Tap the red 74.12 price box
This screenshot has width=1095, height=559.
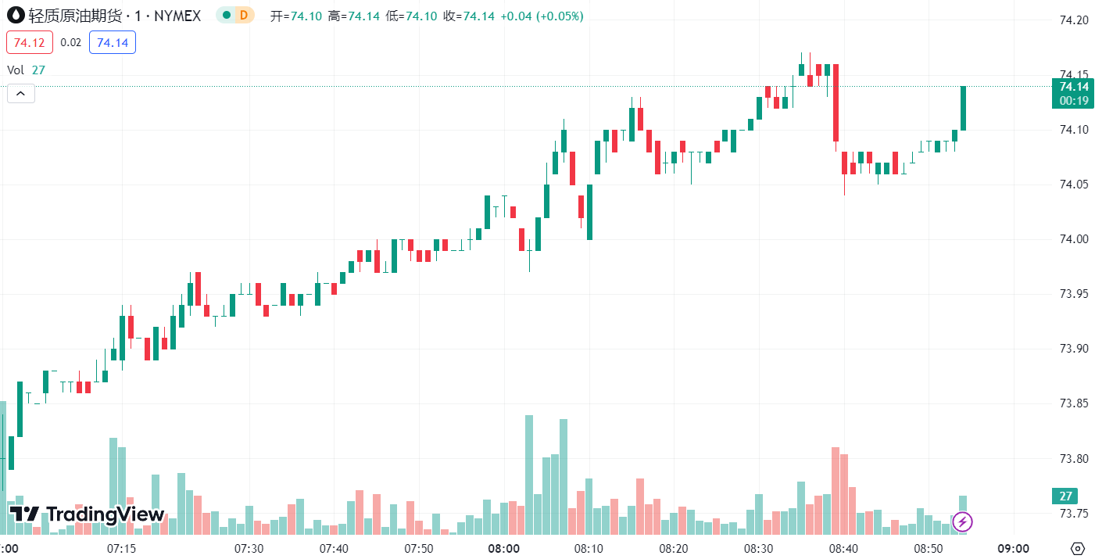(x=30, y=42)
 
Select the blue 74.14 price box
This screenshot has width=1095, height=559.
(x=113, y=42)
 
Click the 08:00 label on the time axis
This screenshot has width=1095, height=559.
(x=504, y=548)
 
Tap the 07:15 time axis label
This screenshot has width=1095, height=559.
(x=121, y=548)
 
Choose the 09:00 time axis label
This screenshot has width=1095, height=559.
(x=1014, y=548)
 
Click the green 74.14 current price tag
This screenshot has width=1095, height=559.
(x=1074, y=87)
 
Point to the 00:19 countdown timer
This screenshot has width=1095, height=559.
(x=1074, y=101)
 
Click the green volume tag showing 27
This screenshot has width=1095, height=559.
(x=1065, y=496)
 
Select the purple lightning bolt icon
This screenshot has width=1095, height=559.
(x=962, y=521)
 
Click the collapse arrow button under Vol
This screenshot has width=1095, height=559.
(x=20, y=94)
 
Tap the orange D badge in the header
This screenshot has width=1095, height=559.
(x=244, y=15)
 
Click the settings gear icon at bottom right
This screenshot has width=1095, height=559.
(x=1078, y=548)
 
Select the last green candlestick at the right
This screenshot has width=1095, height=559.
(x=963, y=108)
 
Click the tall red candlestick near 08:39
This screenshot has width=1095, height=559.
(x=836, y=102)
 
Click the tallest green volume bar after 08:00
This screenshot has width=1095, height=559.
(x=528, y=474)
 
